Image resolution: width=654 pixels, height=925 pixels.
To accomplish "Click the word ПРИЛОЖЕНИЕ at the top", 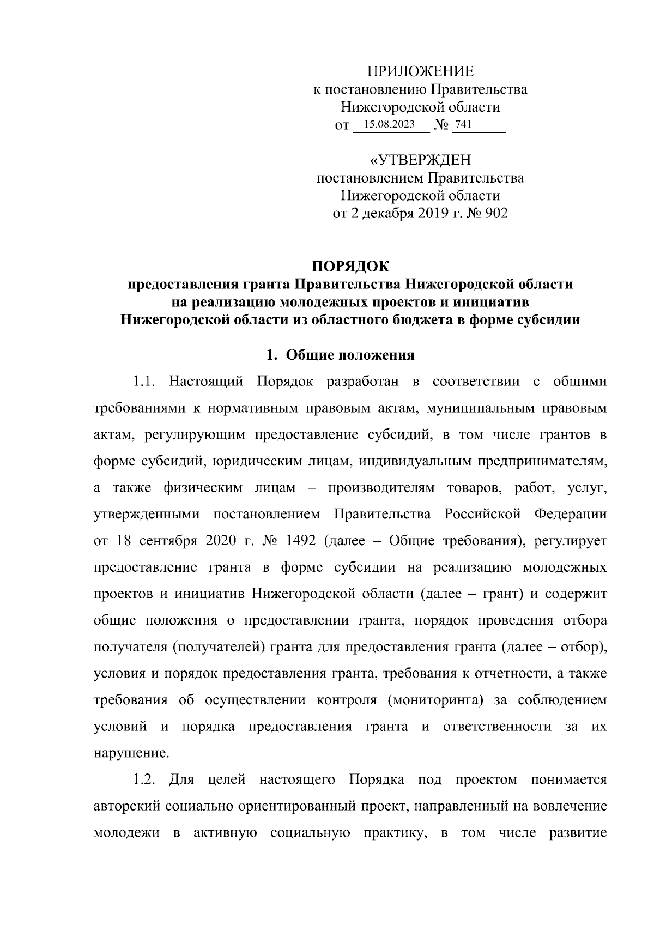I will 420,71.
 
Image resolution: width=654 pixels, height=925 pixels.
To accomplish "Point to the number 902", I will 496,213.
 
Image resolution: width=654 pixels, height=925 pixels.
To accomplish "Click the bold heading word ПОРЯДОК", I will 350,267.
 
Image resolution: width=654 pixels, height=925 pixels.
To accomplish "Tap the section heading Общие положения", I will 350,355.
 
